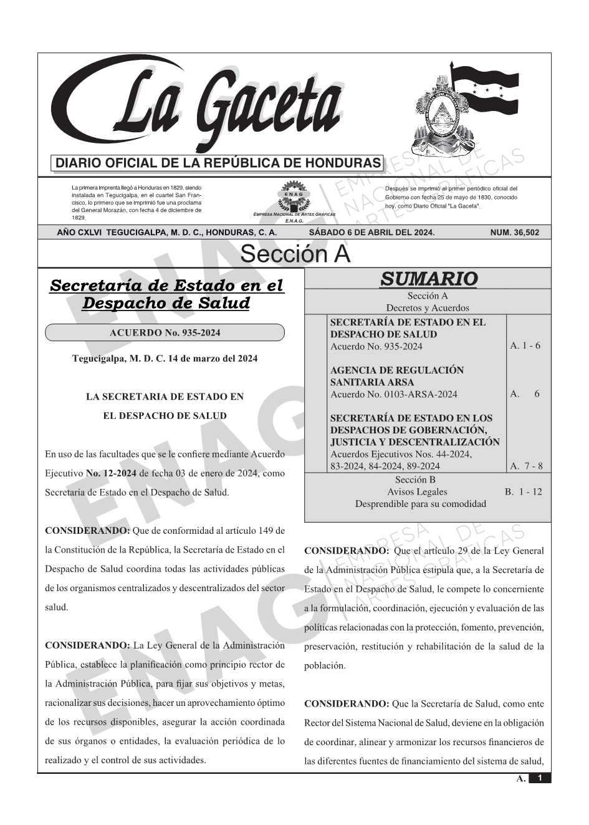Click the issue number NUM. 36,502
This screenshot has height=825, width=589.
(x=515, y=233)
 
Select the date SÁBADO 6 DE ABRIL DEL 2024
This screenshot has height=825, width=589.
(x=371, y=233)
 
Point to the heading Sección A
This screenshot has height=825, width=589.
(x=295, y=254)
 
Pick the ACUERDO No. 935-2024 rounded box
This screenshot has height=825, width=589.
(x=165, y=333)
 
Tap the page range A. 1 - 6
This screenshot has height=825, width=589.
(x=525, y=345)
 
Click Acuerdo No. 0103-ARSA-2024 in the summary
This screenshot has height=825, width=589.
(x=393, y=394)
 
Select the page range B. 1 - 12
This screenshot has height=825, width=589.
(x=524, y=491)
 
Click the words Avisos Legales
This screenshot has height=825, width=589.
(x=417, y=491)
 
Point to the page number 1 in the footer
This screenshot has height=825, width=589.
(x=540, y=778)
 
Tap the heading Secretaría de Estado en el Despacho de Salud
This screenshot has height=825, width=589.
(x=166, y=294)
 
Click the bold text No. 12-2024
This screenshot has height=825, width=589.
(x=111, y=473)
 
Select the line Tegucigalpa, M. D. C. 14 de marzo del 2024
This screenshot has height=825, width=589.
(x=165, y=359)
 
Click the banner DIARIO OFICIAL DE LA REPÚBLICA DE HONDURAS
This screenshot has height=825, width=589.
(x=218, y=163)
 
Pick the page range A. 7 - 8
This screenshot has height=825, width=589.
(x=526, y=466)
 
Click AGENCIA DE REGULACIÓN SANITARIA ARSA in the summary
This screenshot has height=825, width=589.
(x=396, y=376)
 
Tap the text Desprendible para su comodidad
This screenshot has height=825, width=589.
(x=420, y=504)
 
